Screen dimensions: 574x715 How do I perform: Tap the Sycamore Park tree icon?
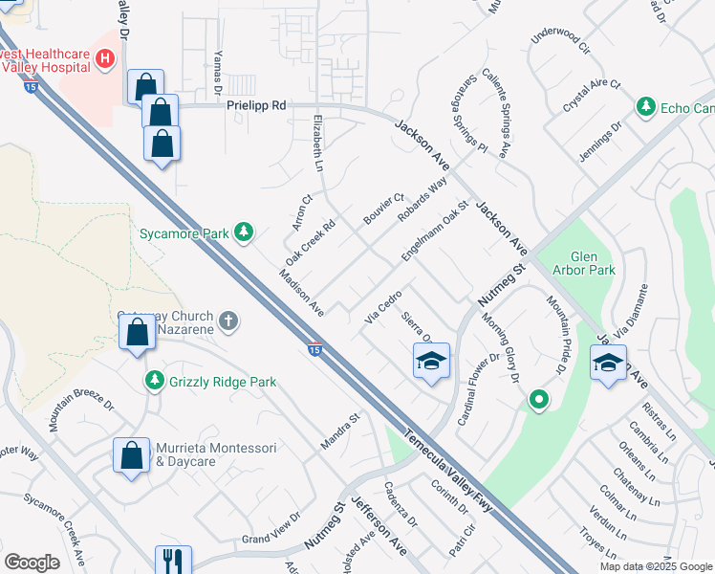click(245, 231)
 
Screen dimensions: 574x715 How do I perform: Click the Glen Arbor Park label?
click(592, 263)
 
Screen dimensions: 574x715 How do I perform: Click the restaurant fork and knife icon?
click(173, 560)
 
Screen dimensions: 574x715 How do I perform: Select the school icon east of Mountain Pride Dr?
click(608, 363)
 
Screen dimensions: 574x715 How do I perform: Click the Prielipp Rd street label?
click(256, 106)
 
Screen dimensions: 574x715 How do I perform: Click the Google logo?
click(32, 563)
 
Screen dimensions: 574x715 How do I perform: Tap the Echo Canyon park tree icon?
click(646, 107)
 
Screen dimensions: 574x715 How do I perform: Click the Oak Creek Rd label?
click(311, 244)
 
